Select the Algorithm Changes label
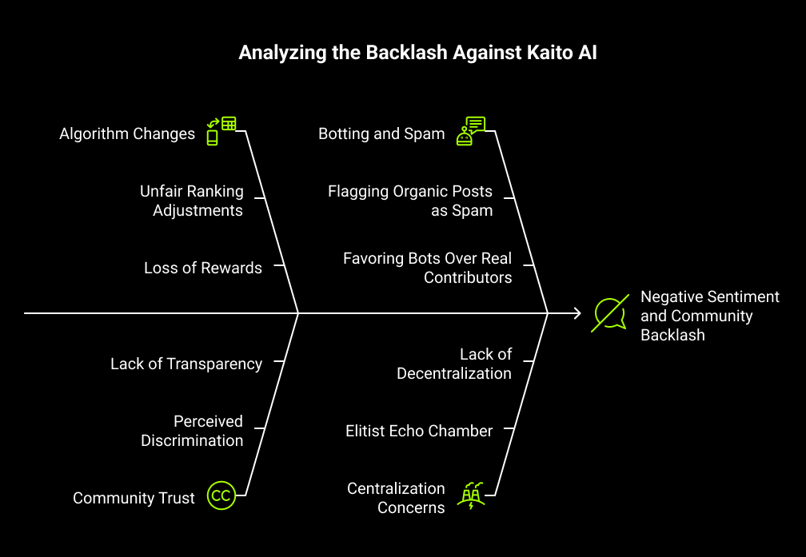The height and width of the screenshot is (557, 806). click(x=127, y=133)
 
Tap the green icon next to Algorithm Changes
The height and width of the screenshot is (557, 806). click(x=221, y=130)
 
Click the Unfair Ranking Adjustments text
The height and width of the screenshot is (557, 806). click(x=192, y=201)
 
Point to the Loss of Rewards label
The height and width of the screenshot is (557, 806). click(x=203, y=269)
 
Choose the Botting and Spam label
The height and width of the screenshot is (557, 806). click(x=381, y=133)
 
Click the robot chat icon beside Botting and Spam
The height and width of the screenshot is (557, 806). click(x=471, y=130)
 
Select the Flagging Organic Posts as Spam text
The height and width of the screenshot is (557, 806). click(x=410, y=201)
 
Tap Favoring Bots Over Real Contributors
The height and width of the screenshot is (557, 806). click(x=428, y=269)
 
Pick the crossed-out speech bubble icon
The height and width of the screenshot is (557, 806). click(x=609, y=314)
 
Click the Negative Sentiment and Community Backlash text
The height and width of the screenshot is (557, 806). click(x=709, y=316)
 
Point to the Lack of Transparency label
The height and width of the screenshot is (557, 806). click(x=186, y=364)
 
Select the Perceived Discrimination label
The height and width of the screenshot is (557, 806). click(x=193, y=431)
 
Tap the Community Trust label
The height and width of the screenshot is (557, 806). click(x=134, y=498)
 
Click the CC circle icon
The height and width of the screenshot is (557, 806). click(x=221, y=495)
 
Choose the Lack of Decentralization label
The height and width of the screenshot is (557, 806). click(x=454, y=364)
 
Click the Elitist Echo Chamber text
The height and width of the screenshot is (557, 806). click(x=419, y=431)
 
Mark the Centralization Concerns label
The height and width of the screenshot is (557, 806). click(x=396, y=498)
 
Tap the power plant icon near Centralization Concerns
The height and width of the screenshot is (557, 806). click(x=470, y=495)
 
